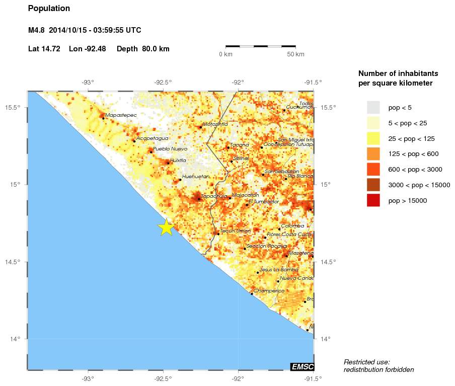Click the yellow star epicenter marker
click(x=166, y=227)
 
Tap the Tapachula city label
click(x=214, y=196)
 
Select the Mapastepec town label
click(x=121, y=115)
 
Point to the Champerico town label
click(x=269, y=291)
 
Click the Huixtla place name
click(x=178, y=160)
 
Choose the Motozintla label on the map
click(x=215, y=124)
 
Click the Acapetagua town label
click(x=153, y=138)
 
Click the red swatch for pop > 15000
click(x=373, y=200)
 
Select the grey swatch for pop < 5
click(x=373, y=107)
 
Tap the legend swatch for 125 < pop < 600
click(x=373, y=154)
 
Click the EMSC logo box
click(x=302, y=366)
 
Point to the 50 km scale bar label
click(x=295, y=54)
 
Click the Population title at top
click(x=49, y=9)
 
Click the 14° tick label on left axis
click(x=16, y=339)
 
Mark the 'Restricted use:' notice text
click(x=366, y=361)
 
